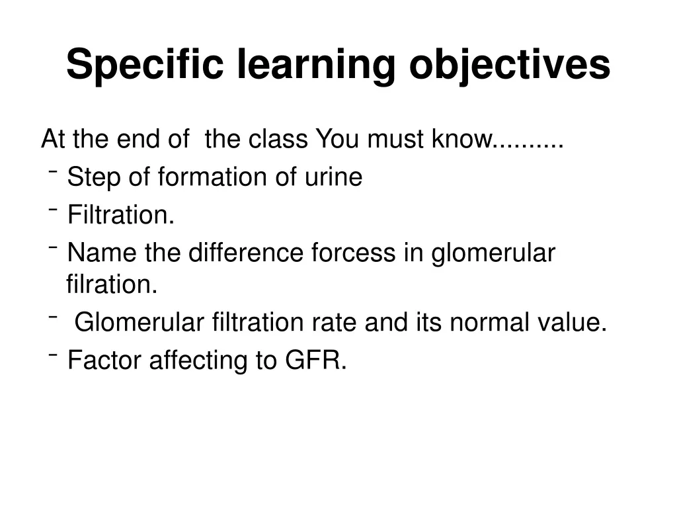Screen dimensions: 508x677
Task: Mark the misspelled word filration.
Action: (x=112, y=285)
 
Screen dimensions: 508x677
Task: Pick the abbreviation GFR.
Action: (x=315, y=360)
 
